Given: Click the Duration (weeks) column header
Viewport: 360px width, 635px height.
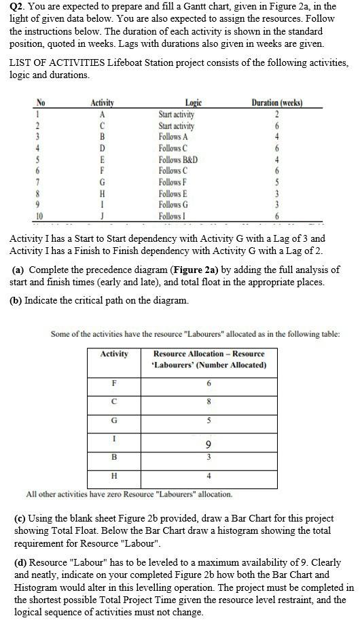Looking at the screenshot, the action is click(276, 103).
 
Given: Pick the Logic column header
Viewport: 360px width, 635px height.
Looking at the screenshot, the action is click(194, 103).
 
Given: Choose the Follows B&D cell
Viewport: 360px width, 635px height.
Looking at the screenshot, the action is click(178, 160).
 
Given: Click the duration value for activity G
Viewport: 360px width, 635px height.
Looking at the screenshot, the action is click(276, 182).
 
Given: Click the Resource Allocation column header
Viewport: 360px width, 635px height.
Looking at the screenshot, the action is click(209, 359).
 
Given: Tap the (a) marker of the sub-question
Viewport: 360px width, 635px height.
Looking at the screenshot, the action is click(18, 270).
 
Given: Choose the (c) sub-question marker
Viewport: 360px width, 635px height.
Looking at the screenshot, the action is click(20, 518).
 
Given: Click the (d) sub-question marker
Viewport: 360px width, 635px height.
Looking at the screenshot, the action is click(21, 562).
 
